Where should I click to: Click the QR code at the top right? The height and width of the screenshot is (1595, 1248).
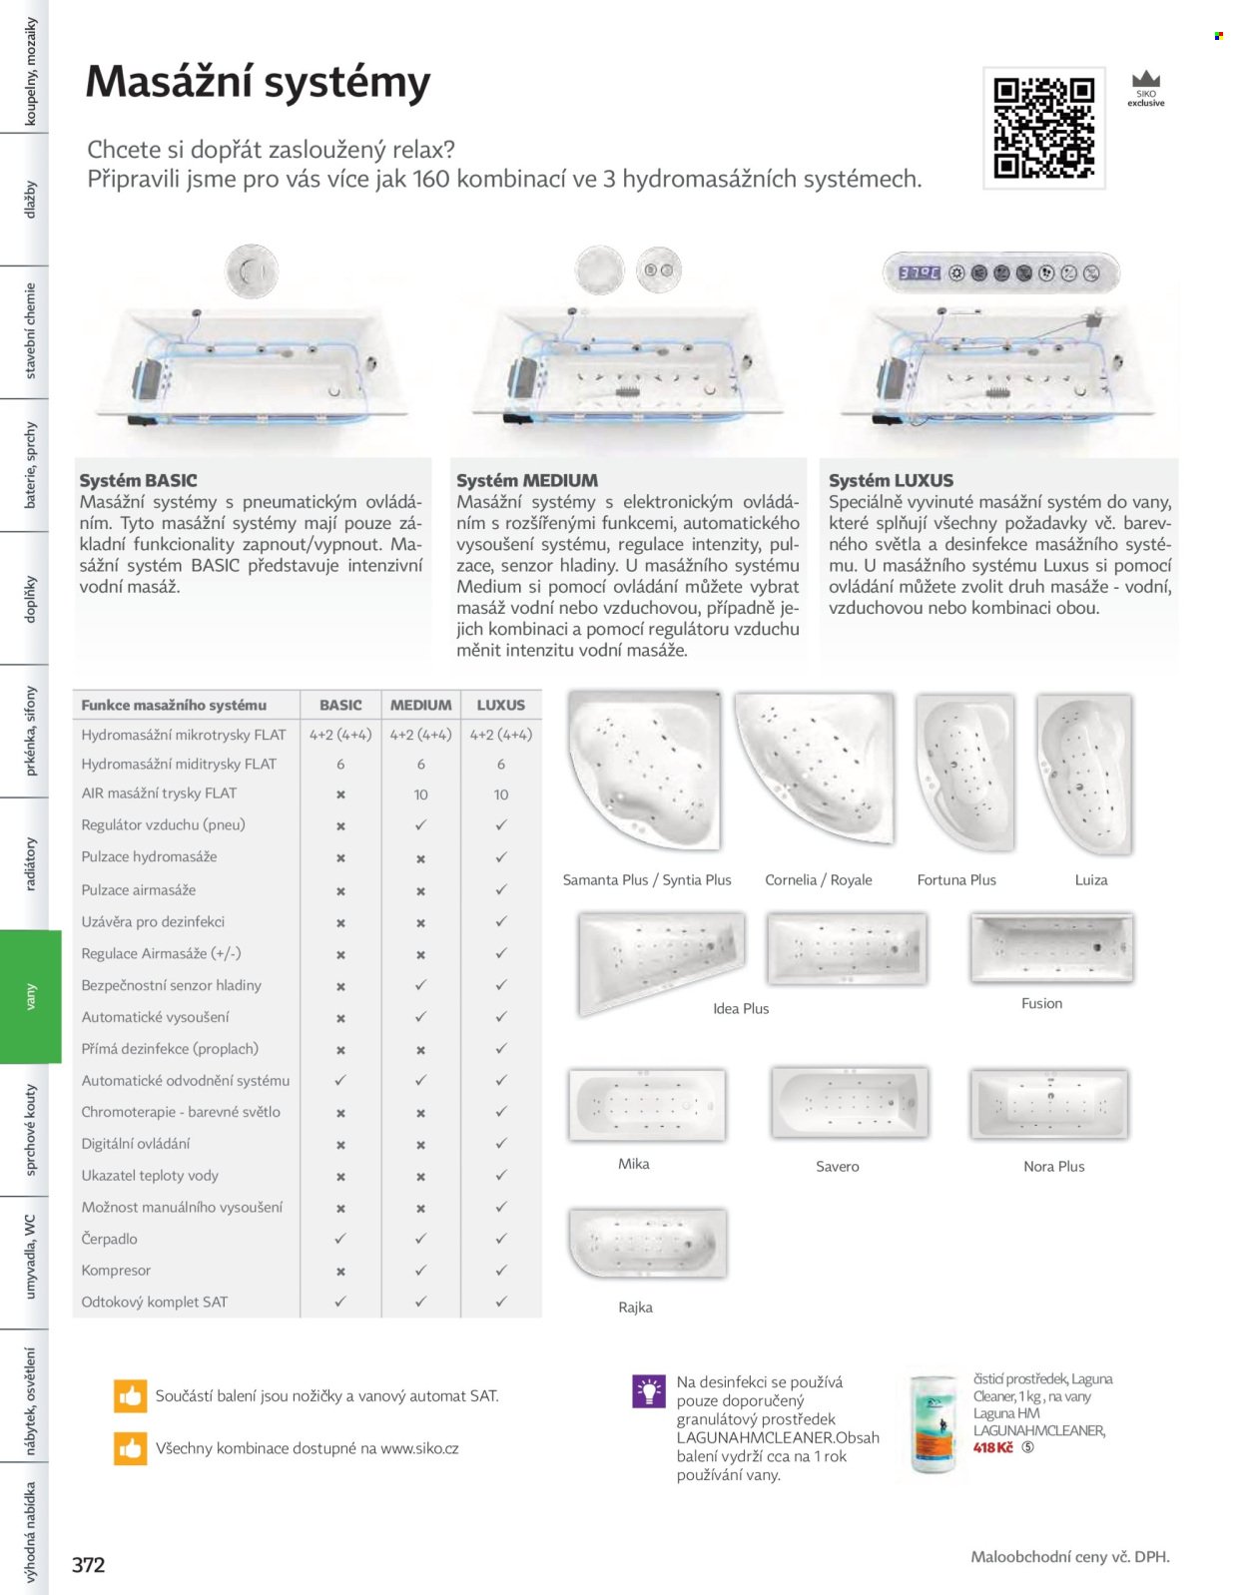point(1044,129)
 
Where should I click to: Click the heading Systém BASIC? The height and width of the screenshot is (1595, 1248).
point(138,481)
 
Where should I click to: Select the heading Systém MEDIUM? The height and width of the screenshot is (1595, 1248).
point(527,481)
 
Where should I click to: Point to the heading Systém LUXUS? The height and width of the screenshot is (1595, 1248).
point(892,481)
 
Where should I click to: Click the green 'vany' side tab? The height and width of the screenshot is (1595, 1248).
point(31,996)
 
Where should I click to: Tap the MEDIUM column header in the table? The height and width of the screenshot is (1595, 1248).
point(420,706)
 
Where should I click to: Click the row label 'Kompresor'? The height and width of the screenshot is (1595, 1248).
point(116,1270)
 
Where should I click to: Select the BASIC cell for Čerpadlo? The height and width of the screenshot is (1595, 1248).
point(340,1239)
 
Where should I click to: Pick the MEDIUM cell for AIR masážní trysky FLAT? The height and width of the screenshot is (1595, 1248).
point(420,795)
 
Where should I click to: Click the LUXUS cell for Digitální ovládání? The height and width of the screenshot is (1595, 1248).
point(501,1143)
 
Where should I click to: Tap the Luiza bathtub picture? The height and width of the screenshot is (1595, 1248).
point(1084,775)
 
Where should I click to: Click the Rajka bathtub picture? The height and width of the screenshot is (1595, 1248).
point(648,1244)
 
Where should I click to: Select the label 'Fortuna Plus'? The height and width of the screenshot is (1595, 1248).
point(956,879)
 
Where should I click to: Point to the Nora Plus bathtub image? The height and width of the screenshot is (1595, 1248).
point(1049,1104)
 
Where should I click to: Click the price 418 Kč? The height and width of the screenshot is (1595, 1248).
point(992,1447)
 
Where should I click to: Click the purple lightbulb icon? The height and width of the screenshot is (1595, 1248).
point(649,1391)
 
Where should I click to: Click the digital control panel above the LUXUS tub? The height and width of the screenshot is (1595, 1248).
point(1000,273)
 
